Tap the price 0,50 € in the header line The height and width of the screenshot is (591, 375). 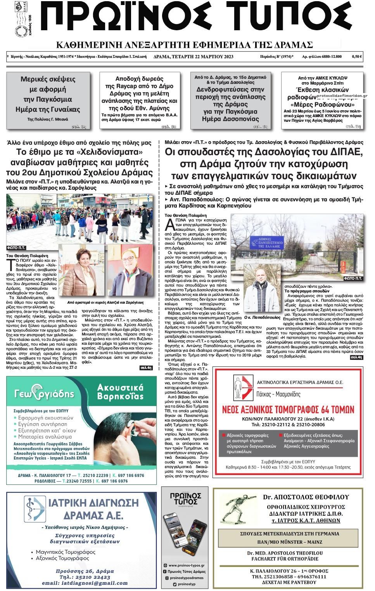click(x=356, y=57)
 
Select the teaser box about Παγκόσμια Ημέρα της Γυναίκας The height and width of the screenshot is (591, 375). click(x=48, y=100)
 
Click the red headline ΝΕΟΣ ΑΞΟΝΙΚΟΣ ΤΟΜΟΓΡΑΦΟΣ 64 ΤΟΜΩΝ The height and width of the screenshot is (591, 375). click(x=288, y=410)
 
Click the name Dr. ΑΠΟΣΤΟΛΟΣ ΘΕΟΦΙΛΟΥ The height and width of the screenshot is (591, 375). click(x=306, y=497)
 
